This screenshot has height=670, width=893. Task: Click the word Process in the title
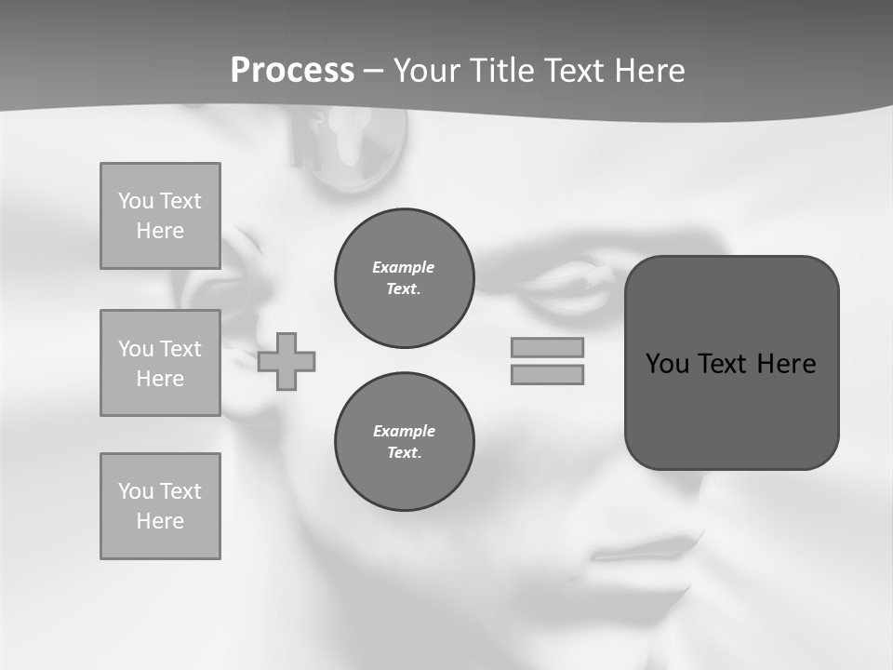point(292,71)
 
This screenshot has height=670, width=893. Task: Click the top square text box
point(160,216)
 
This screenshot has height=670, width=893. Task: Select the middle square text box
point(160,363)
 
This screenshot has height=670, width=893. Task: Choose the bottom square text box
point(160,506)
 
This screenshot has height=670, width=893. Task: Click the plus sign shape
point(287,361)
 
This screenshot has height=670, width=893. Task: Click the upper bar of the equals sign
point(548,347)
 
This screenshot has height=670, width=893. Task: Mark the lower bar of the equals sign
point(548,375)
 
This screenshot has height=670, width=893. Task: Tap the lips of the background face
point(651,549)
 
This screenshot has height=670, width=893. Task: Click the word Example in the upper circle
point(404,267)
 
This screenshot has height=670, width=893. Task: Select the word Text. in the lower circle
point(404,453)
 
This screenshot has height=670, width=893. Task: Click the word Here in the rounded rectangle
point(786,364)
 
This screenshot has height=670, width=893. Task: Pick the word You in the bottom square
point(136,491)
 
